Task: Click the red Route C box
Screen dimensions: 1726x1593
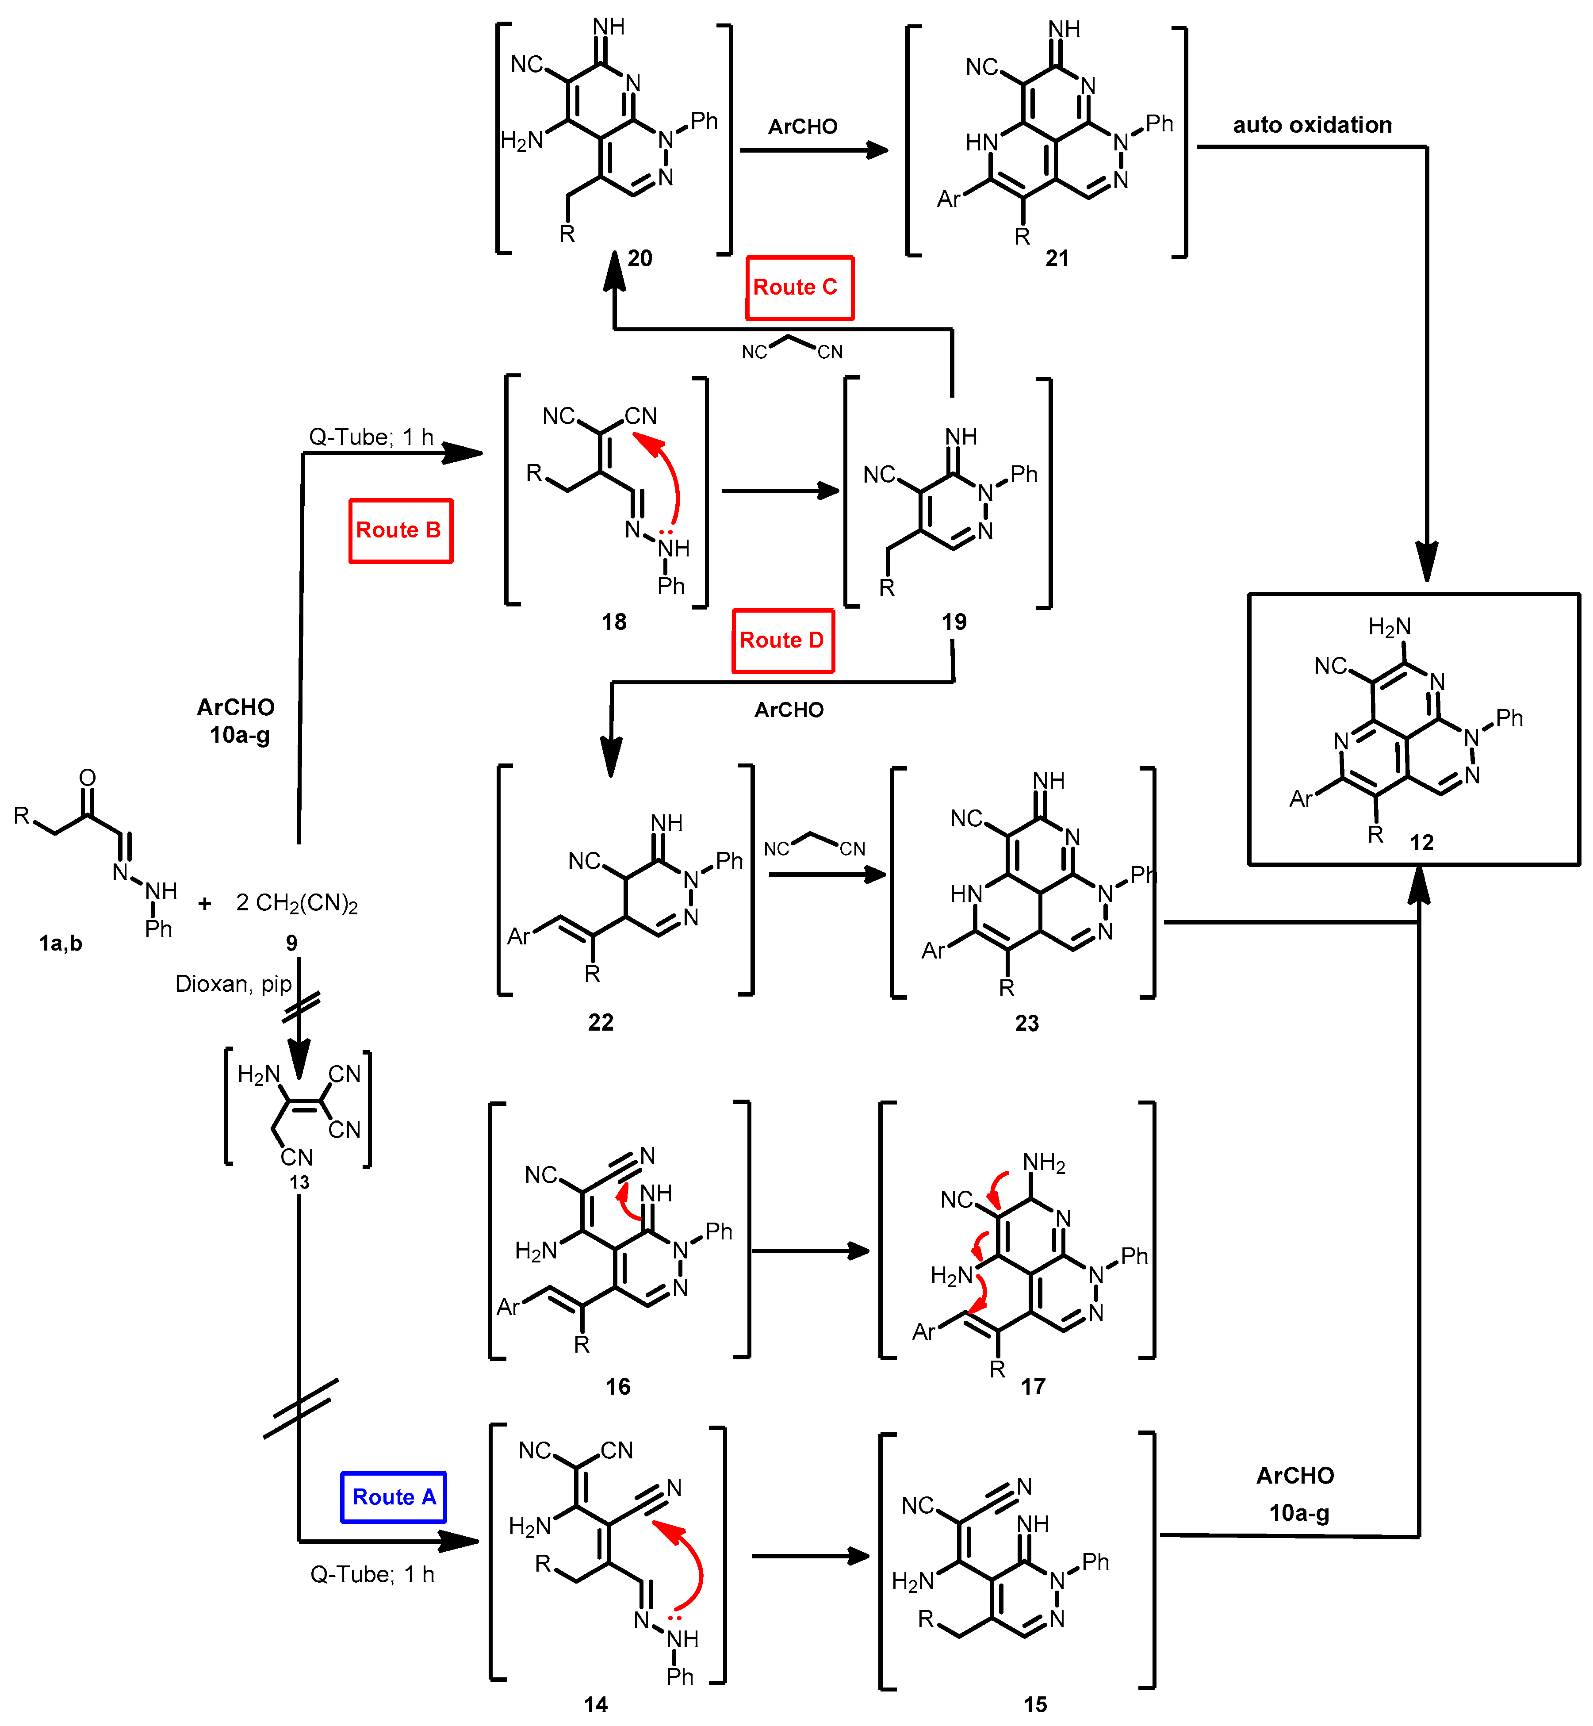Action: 799,288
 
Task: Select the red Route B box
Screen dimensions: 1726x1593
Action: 400,530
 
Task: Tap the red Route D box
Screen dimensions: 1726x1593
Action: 783,641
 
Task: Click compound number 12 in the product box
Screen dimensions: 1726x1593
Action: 1421,842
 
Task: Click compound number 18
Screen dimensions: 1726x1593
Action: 614,621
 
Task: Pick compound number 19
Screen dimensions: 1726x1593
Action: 954,621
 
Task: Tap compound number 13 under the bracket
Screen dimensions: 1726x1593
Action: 299,1182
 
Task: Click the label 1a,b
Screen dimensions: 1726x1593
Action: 60,943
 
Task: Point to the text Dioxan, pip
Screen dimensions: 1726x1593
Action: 233,984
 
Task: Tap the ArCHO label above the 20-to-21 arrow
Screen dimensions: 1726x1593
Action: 803,127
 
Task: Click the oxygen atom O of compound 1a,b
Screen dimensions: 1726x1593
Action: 87,778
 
